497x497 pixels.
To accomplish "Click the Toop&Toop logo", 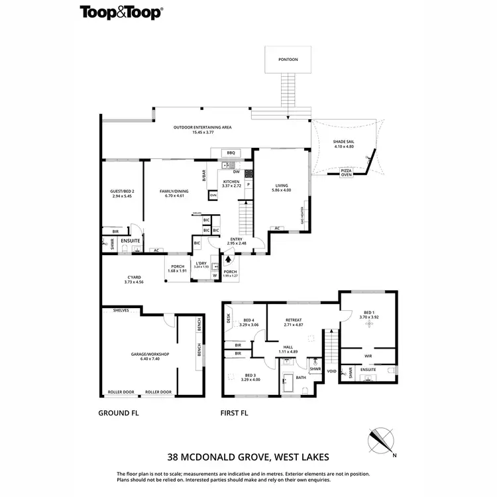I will tap(122, 12).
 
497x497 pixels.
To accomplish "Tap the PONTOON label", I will tap(288, 60).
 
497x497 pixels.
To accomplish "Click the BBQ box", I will tap(231, 153).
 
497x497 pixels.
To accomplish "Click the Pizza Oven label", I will tap(347, 173).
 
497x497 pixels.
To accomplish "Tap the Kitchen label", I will tap(231, 181).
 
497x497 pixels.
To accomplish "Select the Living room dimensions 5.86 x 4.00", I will tap(281, 190).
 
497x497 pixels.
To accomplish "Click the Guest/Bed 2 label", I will tap(122, 192).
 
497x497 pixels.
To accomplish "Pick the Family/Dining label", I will tap(174, 192).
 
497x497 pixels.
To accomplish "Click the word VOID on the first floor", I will tap(332, 372).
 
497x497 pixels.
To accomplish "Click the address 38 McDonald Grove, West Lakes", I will tap(248, 457).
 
